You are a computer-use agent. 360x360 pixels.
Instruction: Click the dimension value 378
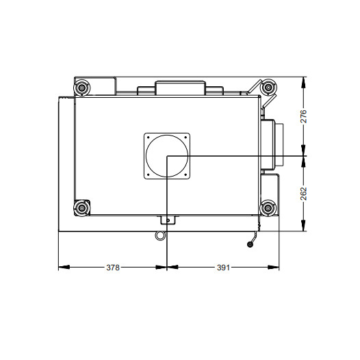113,268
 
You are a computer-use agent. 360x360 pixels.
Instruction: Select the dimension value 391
223,268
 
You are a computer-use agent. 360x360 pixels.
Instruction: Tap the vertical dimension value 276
303,116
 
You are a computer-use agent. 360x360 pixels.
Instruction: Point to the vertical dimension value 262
303,194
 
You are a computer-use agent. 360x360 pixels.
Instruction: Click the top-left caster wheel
81,88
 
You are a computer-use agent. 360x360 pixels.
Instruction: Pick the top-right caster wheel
268,87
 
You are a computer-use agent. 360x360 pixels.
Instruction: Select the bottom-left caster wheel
81,208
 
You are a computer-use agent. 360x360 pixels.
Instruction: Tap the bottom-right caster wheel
268,208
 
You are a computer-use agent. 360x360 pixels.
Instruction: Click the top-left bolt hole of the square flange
148,138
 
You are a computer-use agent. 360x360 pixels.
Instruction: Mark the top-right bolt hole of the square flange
185,138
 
